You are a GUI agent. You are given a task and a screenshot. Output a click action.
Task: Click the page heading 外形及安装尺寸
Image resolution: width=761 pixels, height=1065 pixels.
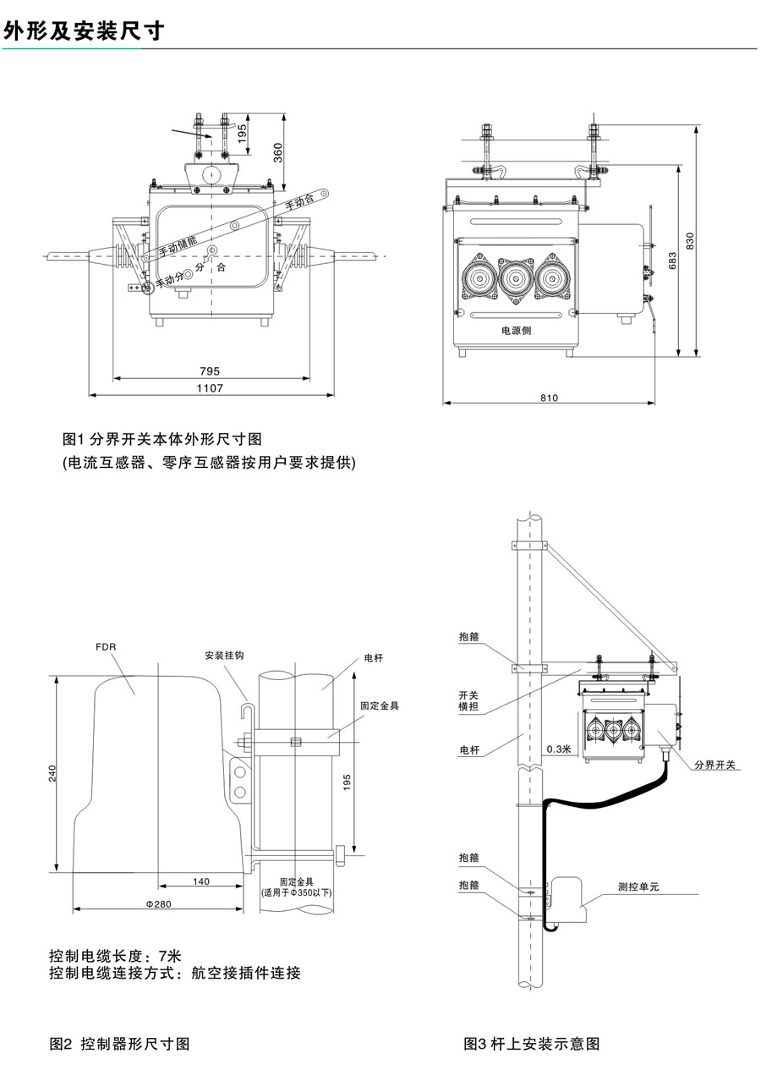pyautogui.click(x=83, y=31)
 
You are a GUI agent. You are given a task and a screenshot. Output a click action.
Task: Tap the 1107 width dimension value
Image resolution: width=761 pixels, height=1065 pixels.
pyautogui.click(x=210, y=388)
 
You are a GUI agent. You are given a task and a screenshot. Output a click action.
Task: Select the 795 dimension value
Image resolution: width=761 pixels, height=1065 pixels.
pyautogui.click(x=210, y=371)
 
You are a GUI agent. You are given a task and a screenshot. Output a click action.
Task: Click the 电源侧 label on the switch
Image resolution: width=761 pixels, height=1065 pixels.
pyautogui.click(x=514, y=330)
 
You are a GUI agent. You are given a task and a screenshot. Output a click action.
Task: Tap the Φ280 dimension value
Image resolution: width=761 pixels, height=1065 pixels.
pyautogui.click(x=158, y=904)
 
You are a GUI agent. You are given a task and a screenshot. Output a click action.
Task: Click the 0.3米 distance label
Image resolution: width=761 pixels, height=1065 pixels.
pyautogui.click(x=559, y=749)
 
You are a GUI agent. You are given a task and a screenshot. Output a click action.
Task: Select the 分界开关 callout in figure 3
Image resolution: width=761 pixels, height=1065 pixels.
pyautogui.click(x=715, y=765)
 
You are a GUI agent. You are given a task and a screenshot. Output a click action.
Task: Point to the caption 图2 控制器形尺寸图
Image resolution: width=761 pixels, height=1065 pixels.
pyautogui.click(x=119, y=1043)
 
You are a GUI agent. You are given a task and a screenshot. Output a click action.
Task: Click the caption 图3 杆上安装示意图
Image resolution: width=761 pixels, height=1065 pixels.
pyautogui.click(x=532, y=1043)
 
